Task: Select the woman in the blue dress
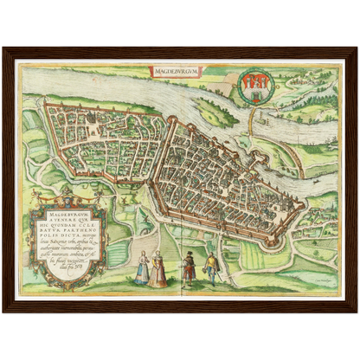142,269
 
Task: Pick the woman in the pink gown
158,269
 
